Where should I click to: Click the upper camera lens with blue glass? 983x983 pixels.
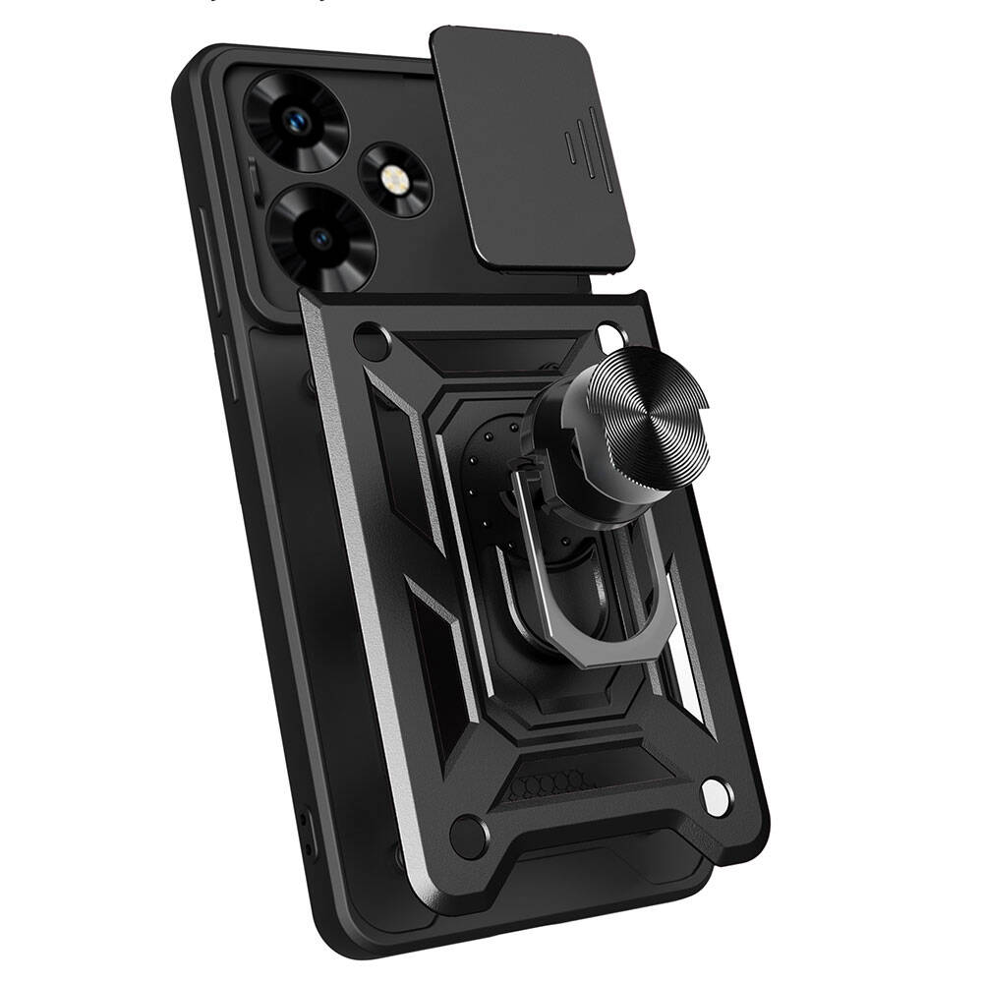(x=293, y=121)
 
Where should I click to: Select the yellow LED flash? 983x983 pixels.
(x=396, y=177)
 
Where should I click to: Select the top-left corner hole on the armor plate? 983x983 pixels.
(x=373, y=345)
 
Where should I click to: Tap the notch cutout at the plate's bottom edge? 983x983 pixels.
(x=609, y=865)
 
